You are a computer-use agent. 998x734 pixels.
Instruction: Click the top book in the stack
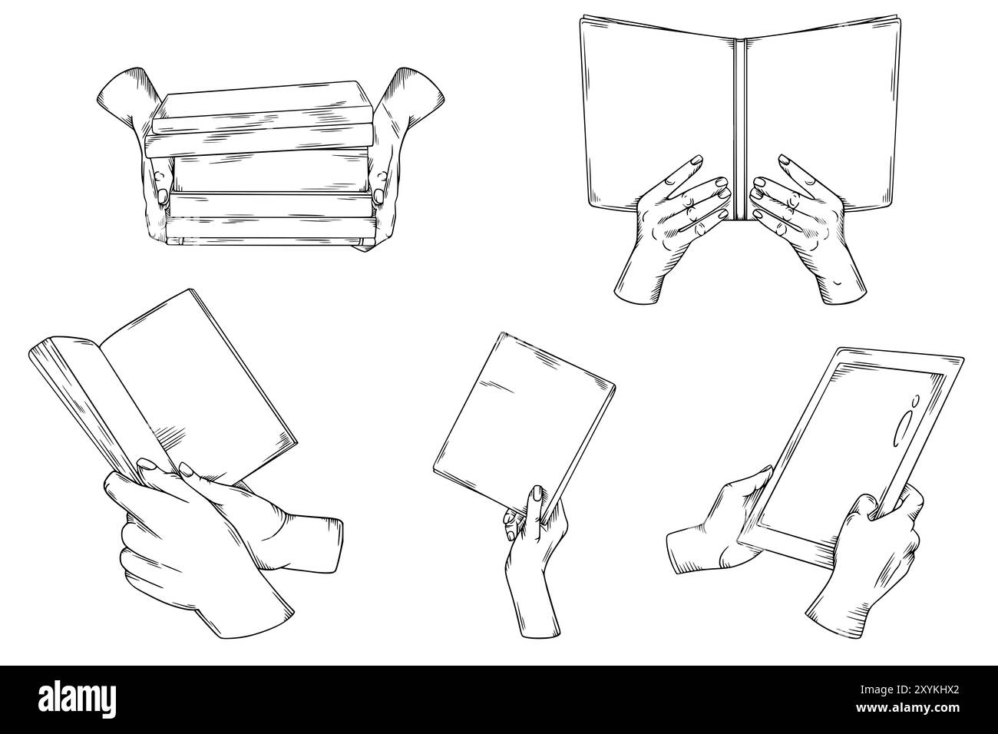pos(261,103)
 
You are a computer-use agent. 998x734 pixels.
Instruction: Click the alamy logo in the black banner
pos(81,699)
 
